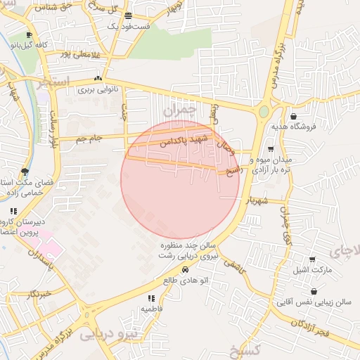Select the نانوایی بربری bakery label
[x=98, y=90]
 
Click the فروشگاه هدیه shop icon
[x=292, y=117]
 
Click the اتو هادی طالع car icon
[x=185, y=269]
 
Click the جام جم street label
[x=89, y=139]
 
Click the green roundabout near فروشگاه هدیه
[x=264, y=111]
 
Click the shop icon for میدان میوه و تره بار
[x=271, y=149]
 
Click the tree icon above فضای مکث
[x=25, y=172]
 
